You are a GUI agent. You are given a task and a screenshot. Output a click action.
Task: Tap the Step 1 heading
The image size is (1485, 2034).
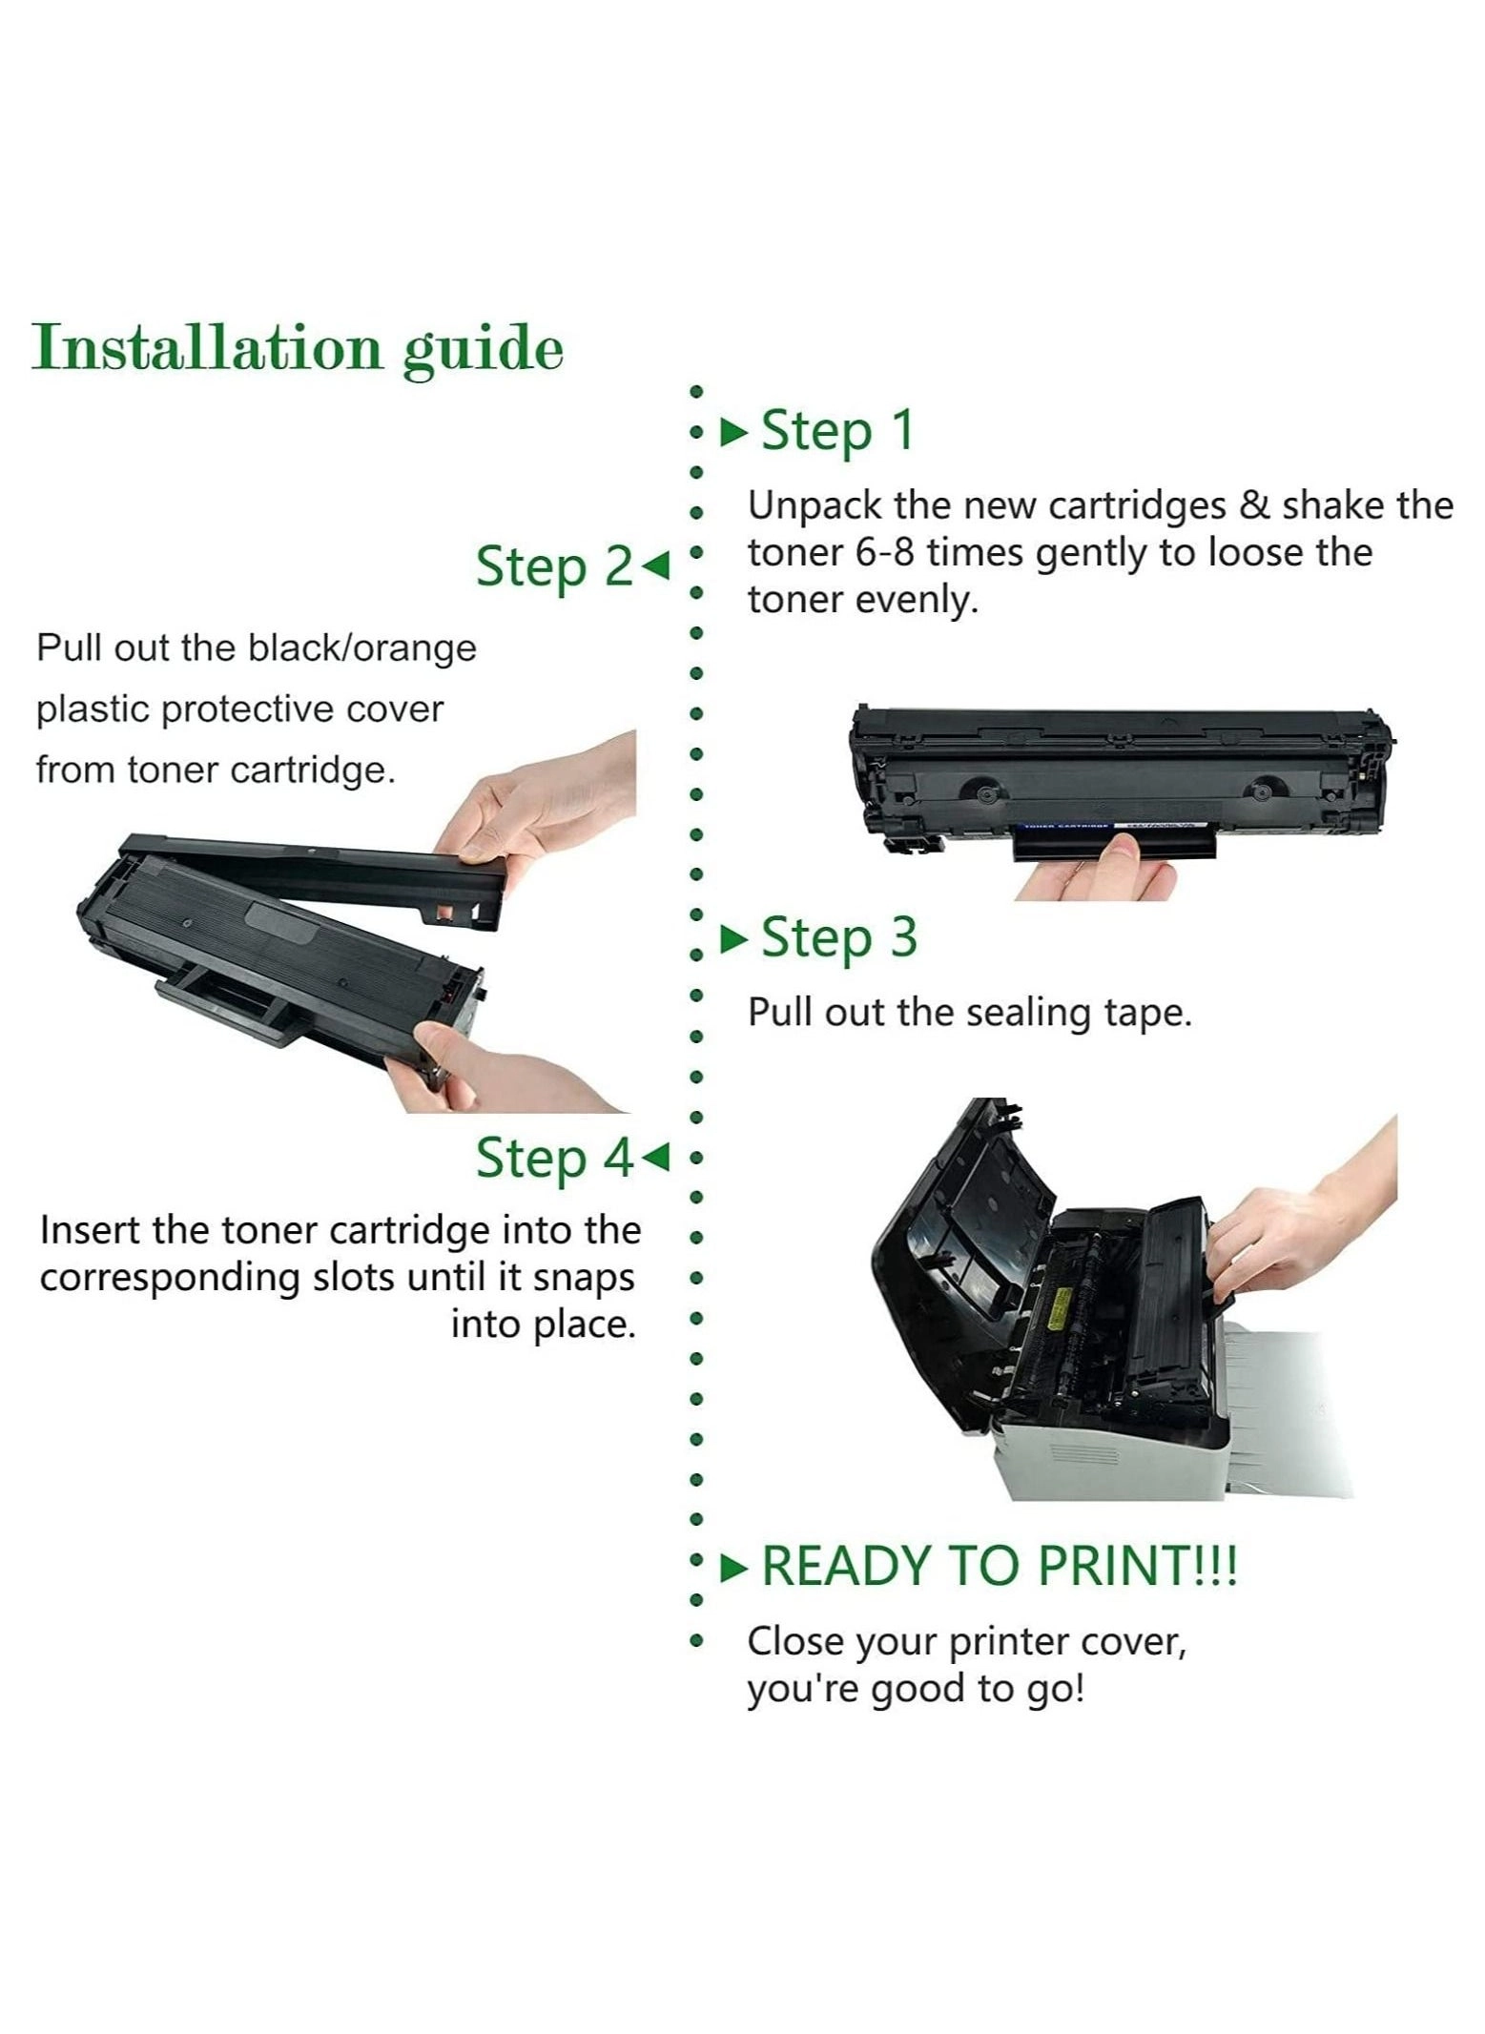[837, 431]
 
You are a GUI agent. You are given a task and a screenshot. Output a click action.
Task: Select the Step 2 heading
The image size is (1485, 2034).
[554, 567]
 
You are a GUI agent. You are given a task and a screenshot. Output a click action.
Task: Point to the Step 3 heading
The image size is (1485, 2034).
[839, 938]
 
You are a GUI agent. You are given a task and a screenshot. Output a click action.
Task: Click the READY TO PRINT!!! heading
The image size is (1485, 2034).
[999, 1566]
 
